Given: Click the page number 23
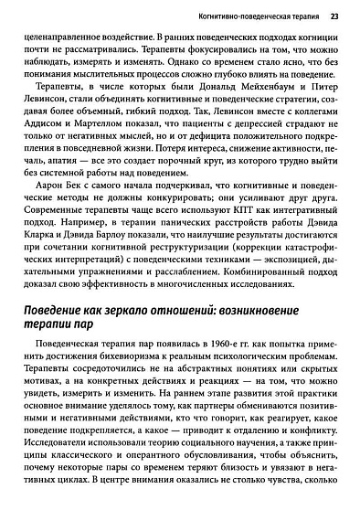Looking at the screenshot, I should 334,16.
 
